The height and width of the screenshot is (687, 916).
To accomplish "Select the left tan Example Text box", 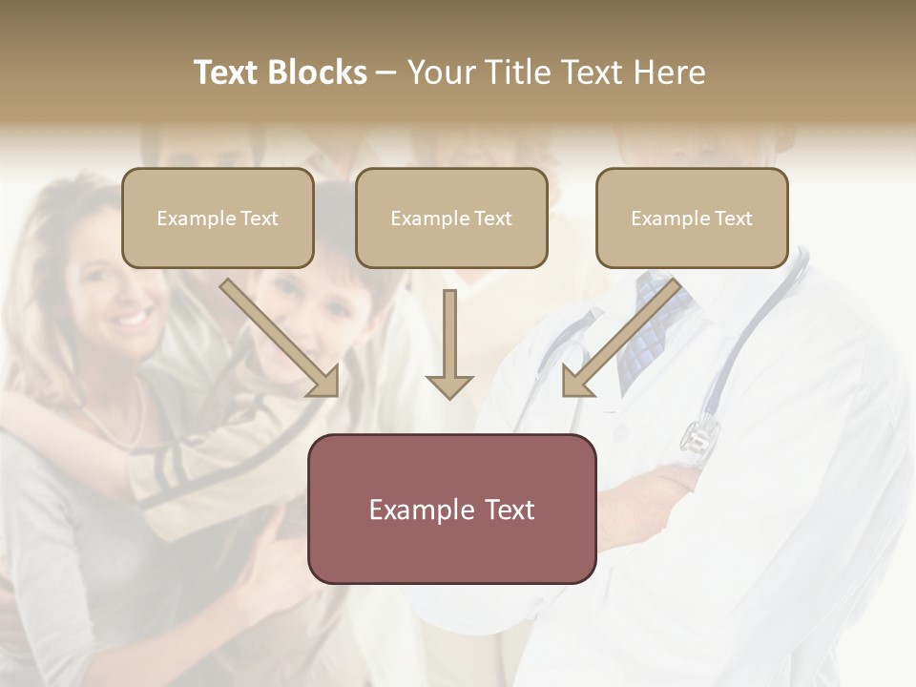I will pos(218,218).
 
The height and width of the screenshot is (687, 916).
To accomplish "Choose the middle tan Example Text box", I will pos(451,218).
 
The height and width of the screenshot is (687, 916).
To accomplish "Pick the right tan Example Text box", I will pos(692,218).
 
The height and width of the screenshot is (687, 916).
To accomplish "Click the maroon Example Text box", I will pos(451,509).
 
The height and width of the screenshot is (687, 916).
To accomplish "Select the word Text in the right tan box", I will pos(733,219).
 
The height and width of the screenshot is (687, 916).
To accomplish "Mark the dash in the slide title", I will pos(386,73).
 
